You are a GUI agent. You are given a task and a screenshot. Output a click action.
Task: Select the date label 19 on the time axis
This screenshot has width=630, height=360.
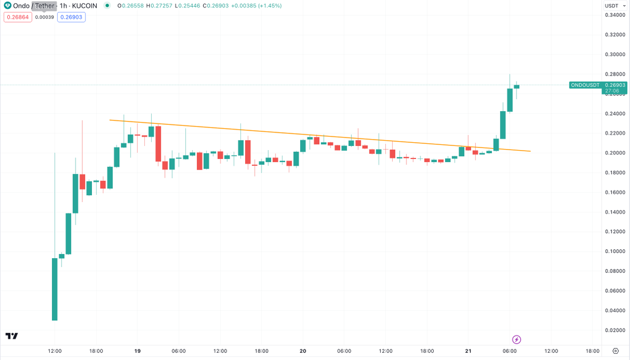click(138, 351)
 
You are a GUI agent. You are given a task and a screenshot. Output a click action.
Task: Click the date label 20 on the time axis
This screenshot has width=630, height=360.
click(303, 351)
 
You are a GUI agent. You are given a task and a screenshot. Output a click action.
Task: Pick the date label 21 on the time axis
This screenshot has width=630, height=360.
click(468, 351)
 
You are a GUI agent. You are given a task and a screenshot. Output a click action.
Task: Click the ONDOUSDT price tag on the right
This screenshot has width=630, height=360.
click(585, 85)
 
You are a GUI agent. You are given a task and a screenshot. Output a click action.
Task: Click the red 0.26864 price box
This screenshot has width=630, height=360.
click(17, 17)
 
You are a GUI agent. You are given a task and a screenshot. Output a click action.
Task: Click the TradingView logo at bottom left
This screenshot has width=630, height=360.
click(12, 336)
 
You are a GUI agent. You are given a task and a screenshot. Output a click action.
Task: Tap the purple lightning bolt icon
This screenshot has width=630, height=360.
click(517, 339)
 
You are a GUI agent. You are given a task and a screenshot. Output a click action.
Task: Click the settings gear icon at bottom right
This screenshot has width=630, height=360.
click(615, 351)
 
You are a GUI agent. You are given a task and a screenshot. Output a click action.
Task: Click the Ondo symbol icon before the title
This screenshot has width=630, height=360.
click(7, 6)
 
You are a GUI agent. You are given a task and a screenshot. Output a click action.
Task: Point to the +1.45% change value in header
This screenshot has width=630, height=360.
click(268, 6)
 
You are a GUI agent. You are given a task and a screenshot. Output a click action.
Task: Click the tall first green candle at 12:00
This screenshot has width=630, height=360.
click(55, 289)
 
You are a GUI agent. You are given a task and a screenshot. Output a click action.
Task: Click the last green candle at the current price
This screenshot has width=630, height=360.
click(517, 87)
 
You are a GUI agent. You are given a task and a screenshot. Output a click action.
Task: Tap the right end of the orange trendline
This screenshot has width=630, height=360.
click(530, 151)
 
